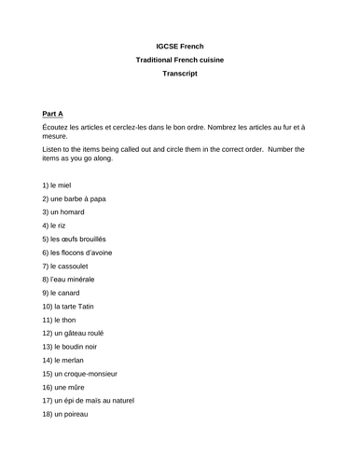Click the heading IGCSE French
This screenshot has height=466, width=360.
coord(180,46)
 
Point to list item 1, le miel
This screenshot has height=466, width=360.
coord(62,185)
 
